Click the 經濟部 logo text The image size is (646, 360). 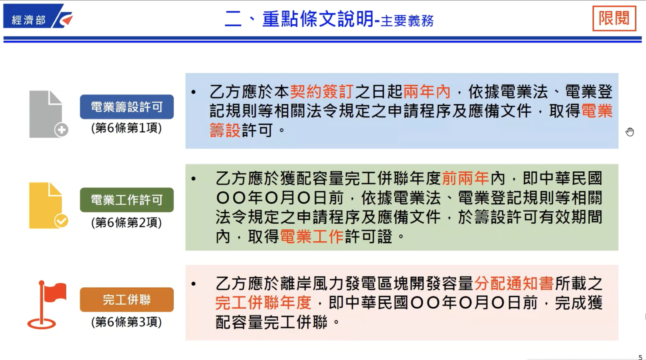tap(29, 20)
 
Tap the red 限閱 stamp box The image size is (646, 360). tap(614, 18)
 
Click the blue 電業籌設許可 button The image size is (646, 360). tap(127, 107)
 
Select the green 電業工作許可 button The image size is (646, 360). tap(127, 200)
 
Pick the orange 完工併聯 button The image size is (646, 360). tap(127, 300)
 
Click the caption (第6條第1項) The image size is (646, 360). tap(126, 128)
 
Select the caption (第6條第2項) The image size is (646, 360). tap(126, 223)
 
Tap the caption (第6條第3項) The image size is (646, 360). tap(126, 322)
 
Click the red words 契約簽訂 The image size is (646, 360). tap(322, 92)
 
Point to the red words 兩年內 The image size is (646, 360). tap(427, 92)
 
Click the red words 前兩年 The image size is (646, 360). tap(465, 178)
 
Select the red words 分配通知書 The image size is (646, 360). tap(514, 283)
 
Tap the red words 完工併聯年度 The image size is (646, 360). tap(263, 303)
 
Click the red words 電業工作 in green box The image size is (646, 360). tap(311, 236)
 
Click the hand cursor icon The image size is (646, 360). tap(630, 132)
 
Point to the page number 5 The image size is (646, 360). tap(640, 357)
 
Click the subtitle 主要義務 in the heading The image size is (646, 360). tap(407, 21)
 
